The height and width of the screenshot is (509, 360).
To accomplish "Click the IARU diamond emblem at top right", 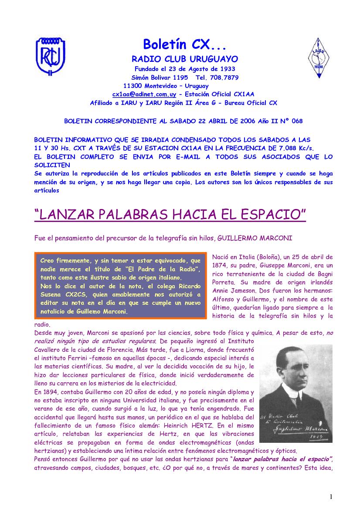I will [319, 58].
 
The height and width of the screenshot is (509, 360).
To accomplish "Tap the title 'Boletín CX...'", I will [184, 44].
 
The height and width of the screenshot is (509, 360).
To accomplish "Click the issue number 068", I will [297, 121].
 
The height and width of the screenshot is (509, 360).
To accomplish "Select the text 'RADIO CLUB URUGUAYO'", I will [184, 59].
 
